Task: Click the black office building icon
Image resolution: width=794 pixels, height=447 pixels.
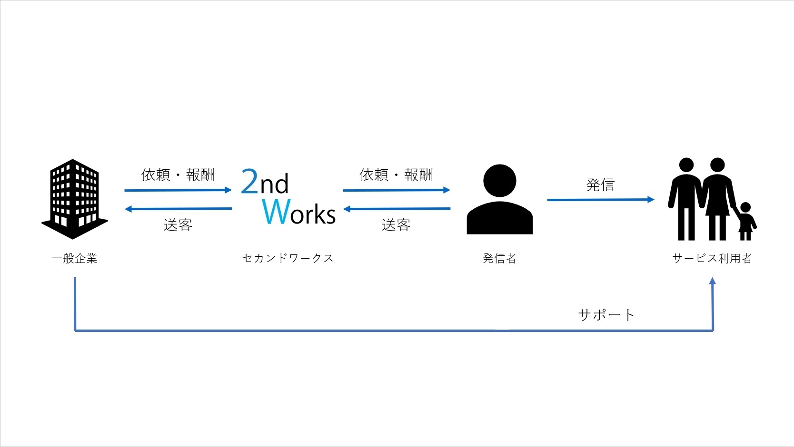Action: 74,199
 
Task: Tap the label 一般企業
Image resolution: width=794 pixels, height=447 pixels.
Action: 74,258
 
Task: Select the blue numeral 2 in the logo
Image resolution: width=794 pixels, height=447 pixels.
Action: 249,181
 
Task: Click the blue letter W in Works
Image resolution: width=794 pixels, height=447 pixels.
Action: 277,211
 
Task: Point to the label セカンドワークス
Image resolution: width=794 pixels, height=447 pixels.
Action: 288,258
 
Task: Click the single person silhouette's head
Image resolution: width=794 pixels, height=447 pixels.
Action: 500,180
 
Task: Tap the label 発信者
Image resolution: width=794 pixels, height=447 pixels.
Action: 499,258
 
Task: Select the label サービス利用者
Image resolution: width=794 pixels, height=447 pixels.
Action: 712,258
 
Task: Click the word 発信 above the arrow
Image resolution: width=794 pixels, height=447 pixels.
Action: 600,185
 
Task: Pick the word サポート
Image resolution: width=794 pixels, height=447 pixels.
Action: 606,314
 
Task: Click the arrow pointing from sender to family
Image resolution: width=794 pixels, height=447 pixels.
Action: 601,200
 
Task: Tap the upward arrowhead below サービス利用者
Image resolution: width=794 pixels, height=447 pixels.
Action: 713,281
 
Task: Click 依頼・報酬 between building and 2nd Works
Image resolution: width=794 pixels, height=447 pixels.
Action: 178,175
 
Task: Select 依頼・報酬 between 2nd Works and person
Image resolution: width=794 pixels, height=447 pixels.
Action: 397,175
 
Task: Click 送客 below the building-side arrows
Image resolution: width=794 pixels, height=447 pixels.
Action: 178,224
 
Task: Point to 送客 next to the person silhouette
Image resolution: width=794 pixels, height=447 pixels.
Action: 397,224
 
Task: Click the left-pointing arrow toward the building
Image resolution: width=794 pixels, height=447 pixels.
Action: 179,209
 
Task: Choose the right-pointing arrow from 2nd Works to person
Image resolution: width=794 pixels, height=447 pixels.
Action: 397,190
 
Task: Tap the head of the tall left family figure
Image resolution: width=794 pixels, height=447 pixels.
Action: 686,165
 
